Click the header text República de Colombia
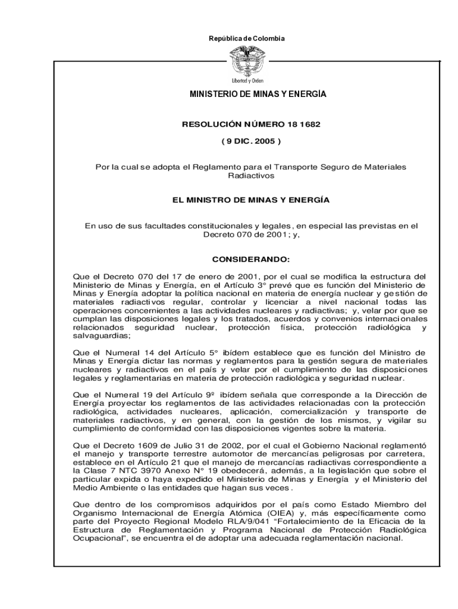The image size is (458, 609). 247,39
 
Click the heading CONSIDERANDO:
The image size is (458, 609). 250,260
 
